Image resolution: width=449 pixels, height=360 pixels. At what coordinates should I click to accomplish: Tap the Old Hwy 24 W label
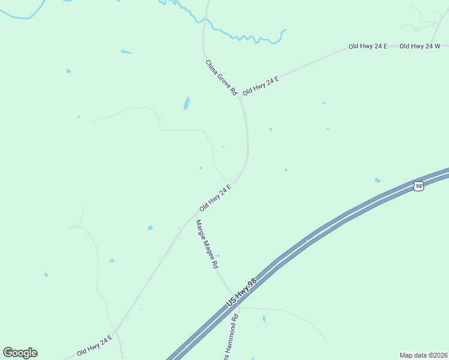(420, 46)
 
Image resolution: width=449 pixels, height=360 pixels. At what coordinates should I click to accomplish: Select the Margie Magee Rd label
(206, 245)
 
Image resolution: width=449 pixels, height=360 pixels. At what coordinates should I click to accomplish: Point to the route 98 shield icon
(419, 187)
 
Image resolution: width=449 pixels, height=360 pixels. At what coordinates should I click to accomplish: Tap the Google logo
(20, 353)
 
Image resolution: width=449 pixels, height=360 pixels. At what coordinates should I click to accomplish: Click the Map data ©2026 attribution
(424, 355)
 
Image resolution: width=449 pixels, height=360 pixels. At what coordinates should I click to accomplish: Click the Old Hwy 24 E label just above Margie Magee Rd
(215, 198)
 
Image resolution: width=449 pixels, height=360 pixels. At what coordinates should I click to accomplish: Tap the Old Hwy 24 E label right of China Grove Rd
(261, 86)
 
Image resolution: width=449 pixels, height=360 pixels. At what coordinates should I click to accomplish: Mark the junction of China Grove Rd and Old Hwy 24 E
(240, 97)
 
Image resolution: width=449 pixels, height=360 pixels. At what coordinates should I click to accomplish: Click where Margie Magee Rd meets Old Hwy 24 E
(197, 213)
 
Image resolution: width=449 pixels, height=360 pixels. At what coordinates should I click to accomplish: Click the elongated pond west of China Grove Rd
(187, 103)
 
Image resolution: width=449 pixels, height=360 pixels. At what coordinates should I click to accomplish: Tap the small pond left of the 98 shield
(377, 180)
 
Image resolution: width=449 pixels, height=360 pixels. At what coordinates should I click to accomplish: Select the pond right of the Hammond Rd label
(264, 319)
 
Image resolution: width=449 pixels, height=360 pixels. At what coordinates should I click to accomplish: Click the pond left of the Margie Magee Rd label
(150, 228)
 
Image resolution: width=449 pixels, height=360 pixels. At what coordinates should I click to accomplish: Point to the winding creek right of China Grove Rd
(246, 37)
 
